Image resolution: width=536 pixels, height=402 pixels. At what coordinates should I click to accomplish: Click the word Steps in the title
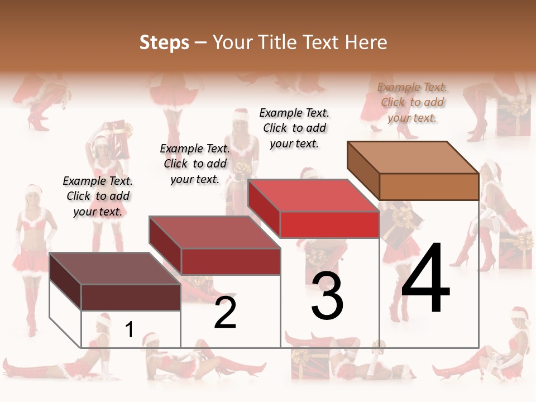(x=164, y=43)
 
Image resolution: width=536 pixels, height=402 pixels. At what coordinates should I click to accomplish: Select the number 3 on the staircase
(x=327, y=296)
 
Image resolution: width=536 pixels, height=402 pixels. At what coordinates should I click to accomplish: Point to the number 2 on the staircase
(x=226, y=313)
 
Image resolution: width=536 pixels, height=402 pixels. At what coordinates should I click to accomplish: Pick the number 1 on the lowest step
(x=130, y=330)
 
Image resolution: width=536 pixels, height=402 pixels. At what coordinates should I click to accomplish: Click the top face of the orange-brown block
(x=413, y=157)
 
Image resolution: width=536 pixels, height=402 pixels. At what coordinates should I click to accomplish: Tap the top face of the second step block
(x=214, y=232)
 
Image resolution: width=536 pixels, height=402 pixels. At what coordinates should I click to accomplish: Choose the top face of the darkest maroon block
(x=114, y=269)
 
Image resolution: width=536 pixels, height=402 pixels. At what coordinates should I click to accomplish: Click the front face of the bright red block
(x=329, y=225)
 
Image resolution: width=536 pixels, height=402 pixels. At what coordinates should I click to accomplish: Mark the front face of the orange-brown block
(x=429, y=186)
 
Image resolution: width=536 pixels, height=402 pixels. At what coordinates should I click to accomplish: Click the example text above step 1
(x=98, y=196)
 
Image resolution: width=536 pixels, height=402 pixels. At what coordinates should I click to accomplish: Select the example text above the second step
(x=195, y=164)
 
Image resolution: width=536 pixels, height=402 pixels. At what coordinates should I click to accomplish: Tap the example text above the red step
(x=294, y=128)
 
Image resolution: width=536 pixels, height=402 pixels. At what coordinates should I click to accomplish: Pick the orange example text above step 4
(x=412, y=102)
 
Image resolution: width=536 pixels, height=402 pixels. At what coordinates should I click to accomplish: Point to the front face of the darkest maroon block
(x=131, y=297)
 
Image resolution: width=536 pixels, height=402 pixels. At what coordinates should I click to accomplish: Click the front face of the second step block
(x=230, y=261)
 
